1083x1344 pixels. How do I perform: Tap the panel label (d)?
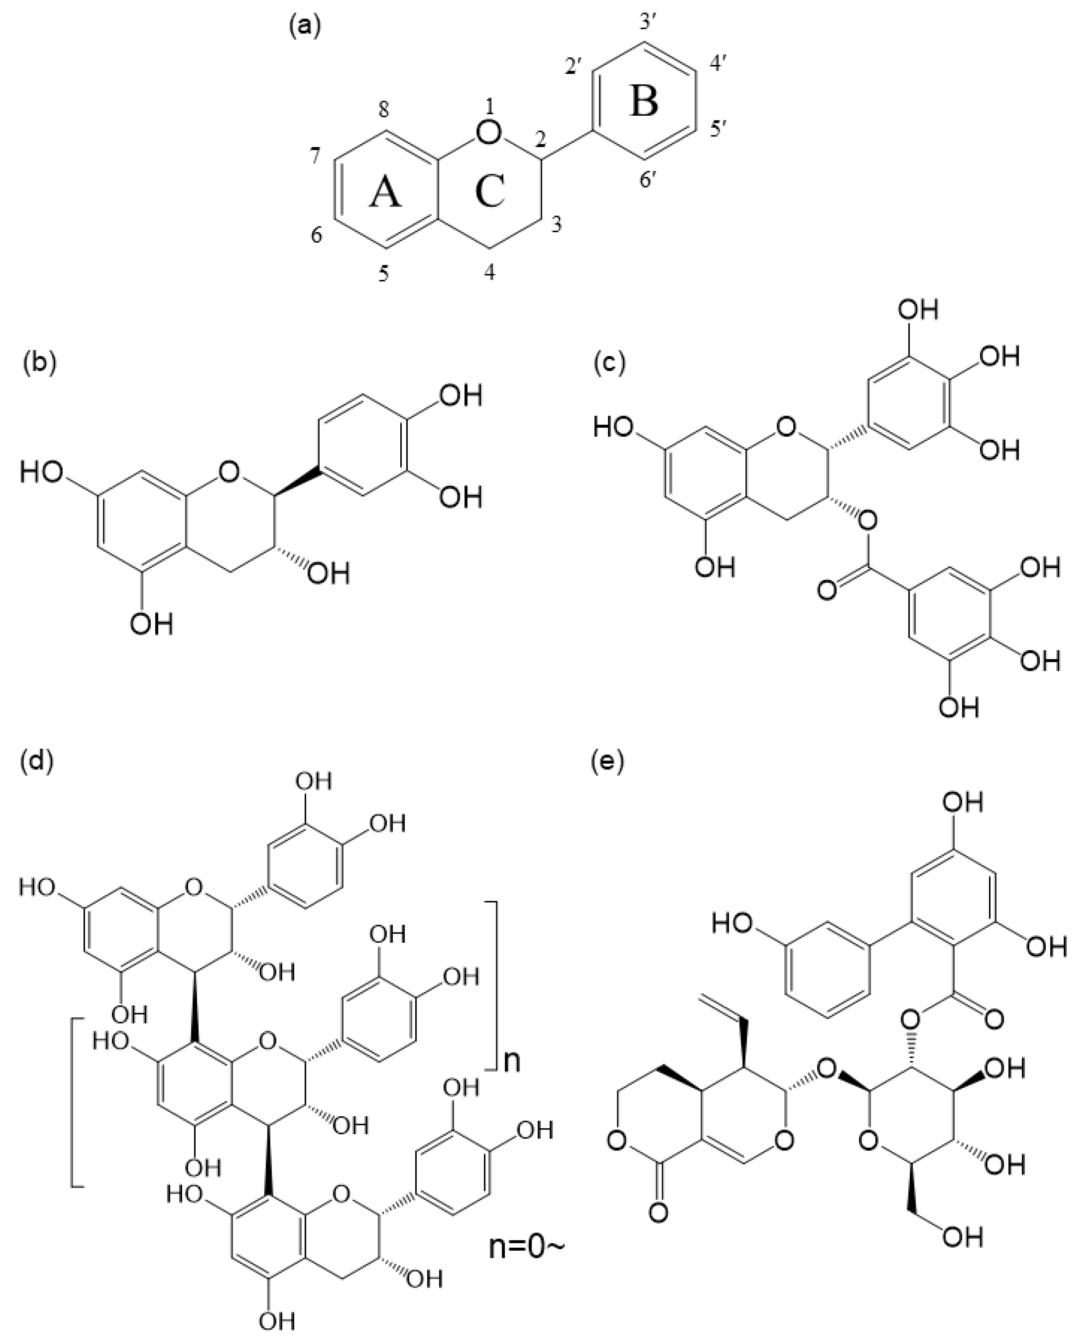point(39,761)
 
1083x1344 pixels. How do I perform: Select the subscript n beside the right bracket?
point(512,1061)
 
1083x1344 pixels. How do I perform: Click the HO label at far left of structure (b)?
point(42,472)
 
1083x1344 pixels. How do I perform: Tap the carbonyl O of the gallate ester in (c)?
point(827,589)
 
